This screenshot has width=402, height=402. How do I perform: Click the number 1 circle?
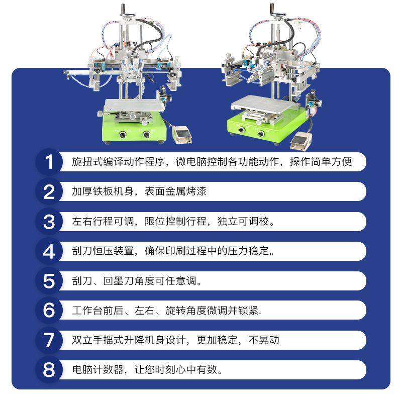coord(49,162)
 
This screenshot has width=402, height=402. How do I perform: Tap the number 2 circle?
coord(49,192)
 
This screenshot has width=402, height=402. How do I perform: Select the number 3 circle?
coord(49,222)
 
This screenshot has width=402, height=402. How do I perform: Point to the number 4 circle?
coord(49,251)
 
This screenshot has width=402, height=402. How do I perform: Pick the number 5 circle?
coord(49,281)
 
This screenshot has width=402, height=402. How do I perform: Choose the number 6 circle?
coord(49,311)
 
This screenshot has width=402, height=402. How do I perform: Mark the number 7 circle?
coord(49,340)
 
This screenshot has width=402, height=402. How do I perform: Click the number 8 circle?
coord(49,370)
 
